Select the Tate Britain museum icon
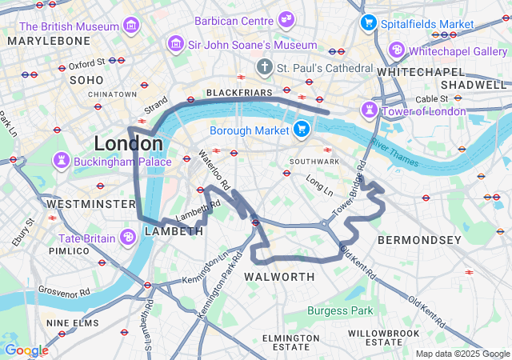tap(128, 237)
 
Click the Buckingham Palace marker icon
tap(61, 161)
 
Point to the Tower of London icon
tap(370, 110)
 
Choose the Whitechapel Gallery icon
tap(396, 50)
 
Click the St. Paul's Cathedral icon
tap(264, 67)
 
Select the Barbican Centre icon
tap(286, 19)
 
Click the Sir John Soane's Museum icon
tap(173, 45)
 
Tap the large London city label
tap(128, 144)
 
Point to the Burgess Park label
tap(340, 310)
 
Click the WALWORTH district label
tap(279, 277)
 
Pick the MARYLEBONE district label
tap(50, 40)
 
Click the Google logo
tap(26, 350)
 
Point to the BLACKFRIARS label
tap(240, 93)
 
